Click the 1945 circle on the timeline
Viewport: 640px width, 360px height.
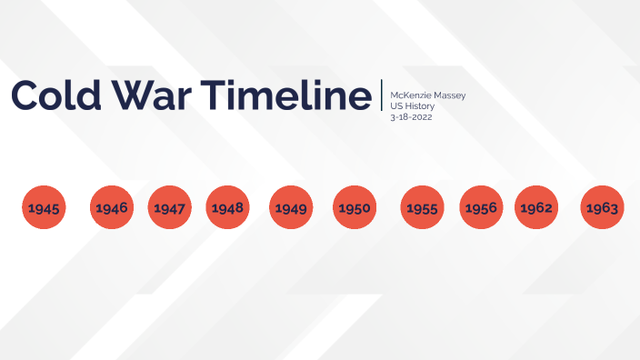pyautogui.click(x=43, y=208)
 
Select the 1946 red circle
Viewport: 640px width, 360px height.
pyautogui.click(x=111, y=208)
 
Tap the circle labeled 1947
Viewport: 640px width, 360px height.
pyautogui.click(x=169, y=208)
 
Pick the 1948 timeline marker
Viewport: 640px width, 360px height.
pyautogui.click(x=227, y=208)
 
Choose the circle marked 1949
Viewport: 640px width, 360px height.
pyautogui.click(x=291, y=208)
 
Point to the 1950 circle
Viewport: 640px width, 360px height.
pyautogui.click(x=355, y=208)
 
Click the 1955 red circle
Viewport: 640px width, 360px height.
pyautogui.click(x=423, y=208)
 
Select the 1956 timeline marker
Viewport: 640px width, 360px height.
pyautogui.click(x=481, y=208)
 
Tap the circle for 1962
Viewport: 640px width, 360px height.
pyautogui.click(x=536, y=208)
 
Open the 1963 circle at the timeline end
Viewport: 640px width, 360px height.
pyautogui.click(x=602, y=208)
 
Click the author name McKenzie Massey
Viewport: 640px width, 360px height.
pyautogui.click(x=427, y=95)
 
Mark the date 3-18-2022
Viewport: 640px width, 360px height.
pyautogui.click(x=411, y=117)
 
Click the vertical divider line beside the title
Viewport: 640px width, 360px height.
pyautogui.click(x=382, y=95)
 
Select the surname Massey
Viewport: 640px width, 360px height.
pyautogui.click(x=449, y=95)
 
